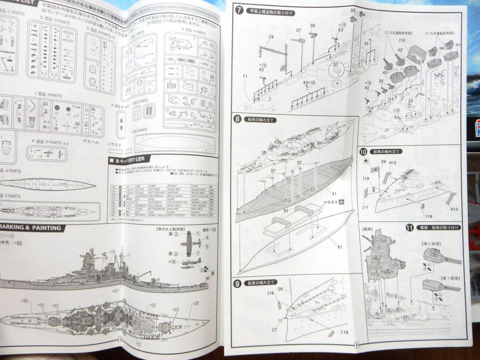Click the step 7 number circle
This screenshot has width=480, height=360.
[x=239, y=11]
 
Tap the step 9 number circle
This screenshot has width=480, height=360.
[x=238, y=283]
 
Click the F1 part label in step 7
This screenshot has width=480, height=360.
[x=245, y=76]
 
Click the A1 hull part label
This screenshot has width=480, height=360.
[x=334, y=193]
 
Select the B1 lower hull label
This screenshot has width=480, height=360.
[x=339, y=247]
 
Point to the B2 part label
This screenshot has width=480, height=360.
[x=286, y=210]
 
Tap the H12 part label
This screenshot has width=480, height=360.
[x=392, y=162]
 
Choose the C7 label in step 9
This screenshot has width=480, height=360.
[x=275, y=330]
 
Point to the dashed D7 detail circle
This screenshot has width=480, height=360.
[x=335, y=70]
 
